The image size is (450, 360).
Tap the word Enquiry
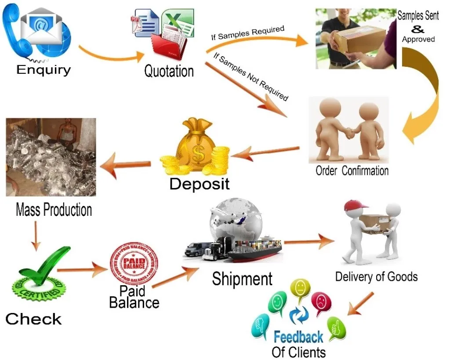pos(43,69)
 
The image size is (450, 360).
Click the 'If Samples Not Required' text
pos(250,77)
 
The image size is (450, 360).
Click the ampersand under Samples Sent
pos(417,29)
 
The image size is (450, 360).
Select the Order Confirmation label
pos(352,171)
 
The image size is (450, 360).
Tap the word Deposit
pos(200,183)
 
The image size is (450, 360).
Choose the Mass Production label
pos(54,210)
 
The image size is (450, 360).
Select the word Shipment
pos(242,279)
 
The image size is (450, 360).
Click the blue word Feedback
pos(298,337)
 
